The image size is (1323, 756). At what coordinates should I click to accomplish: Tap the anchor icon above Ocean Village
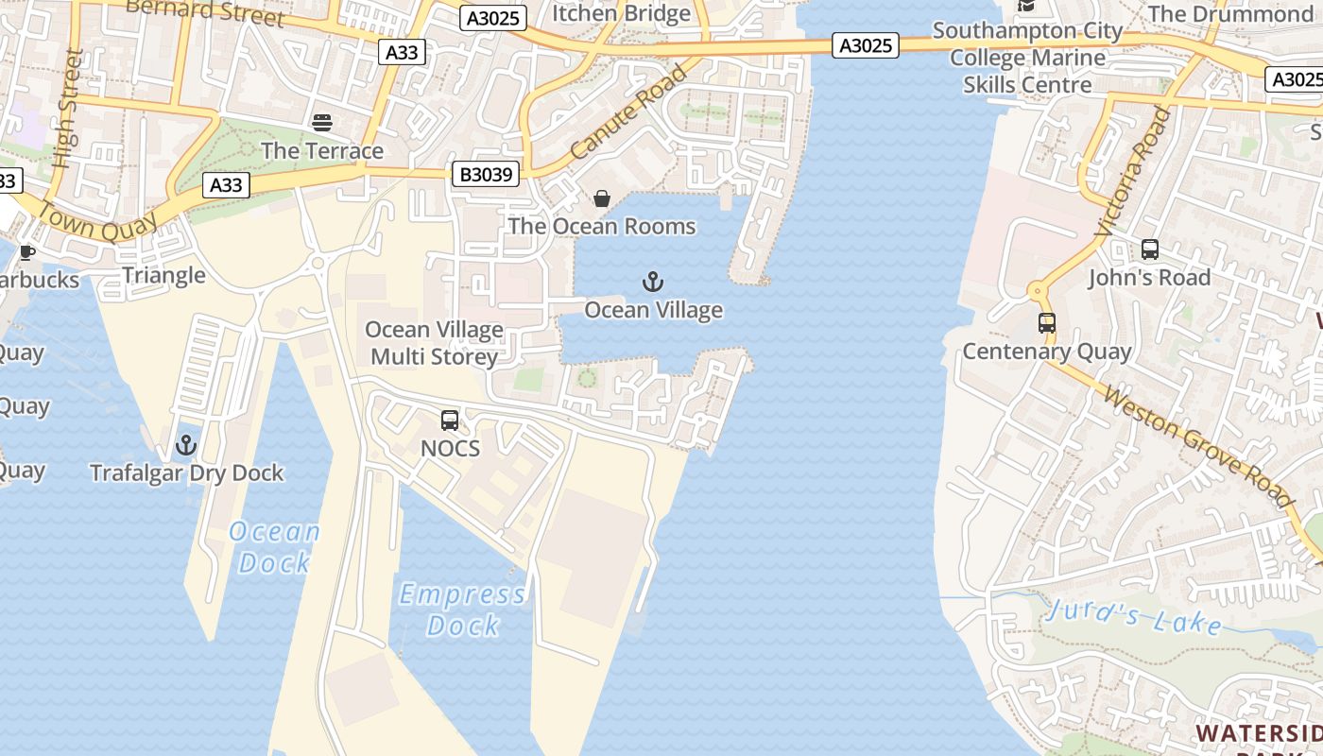click(653, 282)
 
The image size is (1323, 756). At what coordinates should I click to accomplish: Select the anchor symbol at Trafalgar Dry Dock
click(186, 444)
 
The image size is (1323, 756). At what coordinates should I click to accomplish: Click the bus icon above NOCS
click(450, 421)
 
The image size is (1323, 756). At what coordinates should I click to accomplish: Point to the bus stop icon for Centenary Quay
click(1047, 323)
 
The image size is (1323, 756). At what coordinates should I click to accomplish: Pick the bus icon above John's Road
click(1149, 249)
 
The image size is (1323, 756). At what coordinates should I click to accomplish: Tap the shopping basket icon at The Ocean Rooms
click(601, 198)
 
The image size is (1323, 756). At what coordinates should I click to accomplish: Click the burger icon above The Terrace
click(322, 122)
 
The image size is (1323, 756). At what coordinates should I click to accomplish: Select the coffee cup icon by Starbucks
click(26, 252)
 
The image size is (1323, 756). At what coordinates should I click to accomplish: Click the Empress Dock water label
click(463, 610)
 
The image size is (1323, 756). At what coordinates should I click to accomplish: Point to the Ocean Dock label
click(275, 547)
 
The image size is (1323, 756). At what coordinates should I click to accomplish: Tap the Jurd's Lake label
click(1134, 616)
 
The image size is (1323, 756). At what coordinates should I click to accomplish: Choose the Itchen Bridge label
click(621, 13)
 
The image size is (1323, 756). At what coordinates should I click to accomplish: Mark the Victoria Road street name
click(1133, 172)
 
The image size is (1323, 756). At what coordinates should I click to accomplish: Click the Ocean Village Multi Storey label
click(434, 343)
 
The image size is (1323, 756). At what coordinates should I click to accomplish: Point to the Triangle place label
click(163, 275)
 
